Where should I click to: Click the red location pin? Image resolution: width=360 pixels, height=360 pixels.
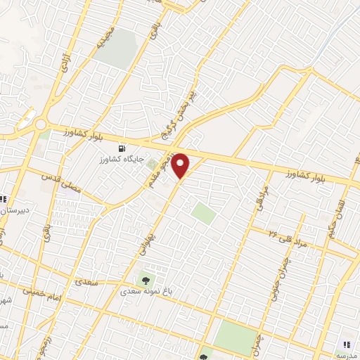181,166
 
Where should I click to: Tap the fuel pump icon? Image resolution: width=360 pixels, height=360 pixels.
123,148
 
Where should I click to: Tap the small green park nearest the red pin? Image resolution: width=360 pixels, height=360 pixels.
203,212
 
